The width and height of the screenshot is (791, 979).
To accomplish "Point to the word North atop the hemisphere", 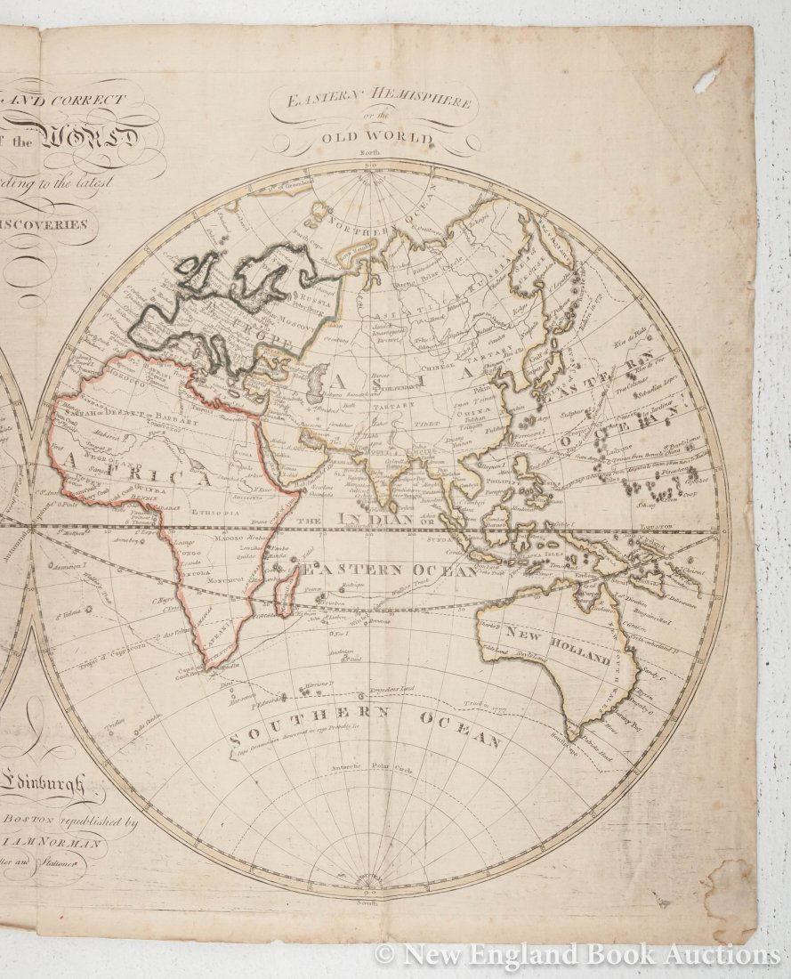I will point(369,155).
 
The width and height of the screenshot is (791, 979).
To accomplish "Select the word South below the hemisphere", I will point(369,902).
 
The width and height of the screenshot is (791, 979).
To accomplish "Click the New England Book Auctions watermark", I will point(577,955).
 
